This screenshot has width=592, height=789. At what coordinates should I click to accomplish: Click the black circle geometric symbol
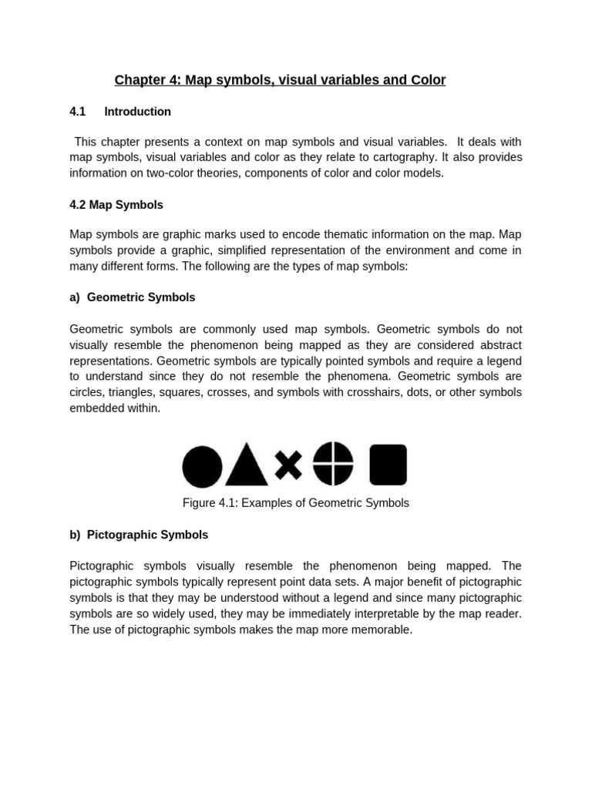coord(202,467)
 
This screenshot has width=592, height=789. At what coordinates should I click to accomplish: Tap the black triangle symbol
coord(247,465)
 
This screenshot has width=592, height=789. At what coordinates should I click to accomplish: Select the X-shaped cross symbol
coord(288,465)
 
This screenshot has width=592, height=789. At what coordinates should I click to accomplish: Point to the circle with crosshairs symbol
coord(333,464)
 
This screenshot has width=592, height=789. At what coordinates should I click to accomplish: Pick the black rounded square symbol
coord(388,465)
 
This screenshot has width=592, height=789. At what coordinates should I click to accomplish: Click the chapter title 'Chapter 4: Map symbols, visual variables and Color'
coord(280,80)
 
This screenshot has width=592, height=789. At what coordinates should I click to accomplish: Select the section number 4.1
coord(77,112)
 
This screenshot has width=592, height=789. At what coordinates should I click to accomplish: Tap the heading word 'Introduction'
coord(137,112)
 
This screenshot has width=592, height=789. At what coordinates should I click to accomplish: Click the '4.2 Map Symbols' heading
coord(116,205)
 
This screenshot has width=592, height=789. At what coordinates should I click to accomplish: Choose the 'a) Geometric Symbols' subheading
coord(133,297)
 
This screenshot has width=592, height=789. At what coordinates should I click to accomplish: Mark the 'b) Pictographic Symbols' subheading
coord(139,535)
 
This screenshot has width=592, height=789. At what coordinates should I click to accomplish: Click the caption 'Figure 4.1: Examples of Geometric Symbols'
coord(296,503)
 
